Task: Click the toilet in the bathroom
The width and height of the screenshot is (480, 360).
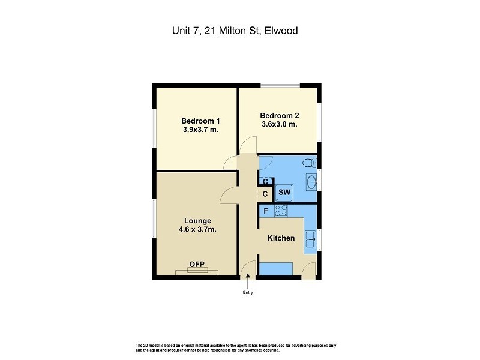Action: point(308,163)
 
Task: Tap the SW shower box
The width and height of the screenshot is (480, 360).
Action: point(284,193)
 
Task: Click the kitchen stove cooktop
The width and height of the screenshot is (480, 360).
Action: point(281,211)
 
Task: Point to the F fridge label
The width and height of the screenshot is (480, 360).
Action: point(265,211)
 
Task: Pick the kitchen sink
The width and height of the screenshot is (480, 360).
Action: point(311,240)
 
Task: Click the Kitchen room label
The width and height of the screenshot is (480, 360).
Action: point(281,238)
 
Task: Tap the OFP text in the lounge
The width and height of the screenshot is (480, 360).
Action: point(197,264)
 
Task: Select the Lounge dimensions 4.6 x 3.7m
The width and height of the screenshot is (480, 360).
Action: point(197,229)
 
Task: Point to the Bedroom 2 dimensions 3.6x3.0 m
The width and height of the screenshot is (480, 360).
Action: point(279,124)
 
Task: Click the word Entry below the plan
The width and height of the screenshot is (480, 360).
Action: point(248,293)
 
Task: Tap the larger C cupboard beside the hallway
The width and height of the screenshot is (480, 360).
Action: point(265,194)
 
